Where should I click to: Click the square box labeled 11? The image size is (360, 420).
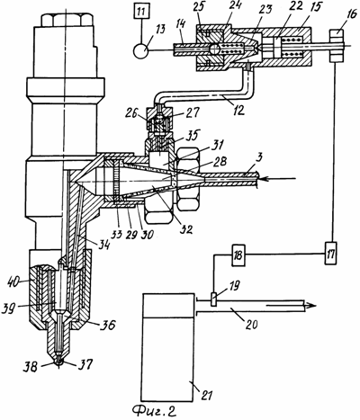[x=141, y=13]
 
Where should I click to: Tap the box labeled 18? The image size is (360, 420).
[x=238, y=255]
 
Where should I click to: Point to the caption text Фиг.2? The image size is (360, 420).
[x=155, y=411]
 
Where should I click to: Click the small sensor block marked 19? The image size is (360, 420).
[x=214, y=299]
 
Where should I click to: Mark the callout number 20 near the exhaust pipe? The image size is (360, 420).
[x=251, y=324]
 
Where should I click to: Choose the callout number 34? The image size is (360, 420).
[x=103, y=246]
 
